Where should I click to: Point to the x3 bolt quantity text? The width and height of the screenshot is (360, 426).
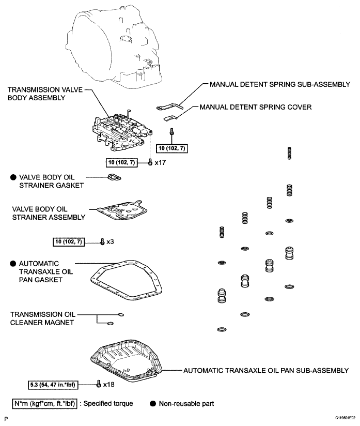pos(110,241)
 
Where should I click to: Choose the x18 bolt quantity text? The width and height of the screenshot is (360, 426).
pos(108,385)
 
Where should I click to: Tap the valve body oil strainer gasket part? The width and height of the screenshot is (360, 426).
pos(115,178)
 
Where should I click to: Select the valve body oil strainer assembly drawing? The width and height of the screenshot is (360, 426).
pos(122,211)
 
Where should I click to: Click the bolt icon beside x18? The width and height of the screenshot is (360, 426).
pos(98,384)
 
